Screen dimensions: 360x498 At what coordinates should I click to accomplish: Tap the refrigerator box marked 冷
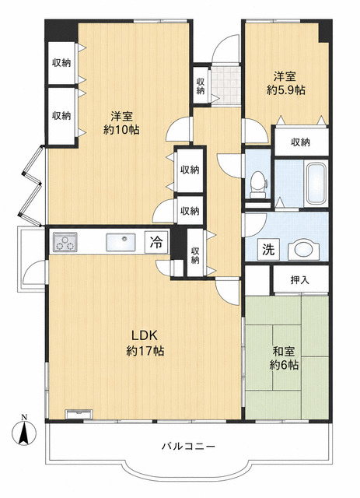(156, 242)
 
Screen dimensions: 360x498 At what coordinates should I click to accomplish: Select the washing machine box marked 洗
(268, 249)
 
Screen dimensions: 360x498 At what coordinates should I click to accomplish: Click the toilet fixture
(257, 185)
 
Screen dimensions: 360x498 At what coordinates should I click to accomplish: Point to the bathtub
(315, 184)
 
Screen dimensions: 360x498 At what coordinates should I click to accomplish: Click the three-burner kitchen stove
(65, 242)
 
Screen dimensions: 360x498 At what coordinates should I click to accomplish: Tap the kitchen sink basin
(121, 242)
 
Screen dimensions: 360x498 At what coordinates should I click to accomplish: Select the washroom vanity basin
(303, 249)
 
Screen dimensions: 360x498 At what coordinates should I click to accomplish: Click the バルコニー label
(189, 447)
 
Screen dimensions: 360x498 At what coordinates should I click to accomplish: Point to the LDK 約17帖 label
(145, 342)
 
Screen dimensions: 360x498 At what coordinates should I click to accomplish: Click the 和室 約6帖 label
(284, 358)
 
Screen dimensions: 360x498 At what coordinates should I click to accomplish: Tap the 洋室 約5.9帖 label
(285, 83)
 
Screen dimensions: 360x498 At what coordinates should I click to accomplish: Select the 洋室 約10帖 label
(121, 123)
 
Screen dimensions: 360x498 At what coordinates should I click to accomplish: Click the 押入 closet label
(300, 280)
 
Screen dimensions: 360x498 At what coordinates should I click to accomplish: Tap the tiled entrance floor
(225, 85)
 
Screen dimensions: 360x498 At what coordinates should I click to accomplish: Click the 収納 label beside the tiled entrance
(201, 86)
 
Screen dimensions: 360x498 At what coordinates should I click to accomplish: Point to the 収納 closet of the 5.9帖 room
(301, 142)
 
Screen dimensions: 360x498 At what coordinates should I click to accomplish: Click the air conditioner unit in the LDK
(79, 414)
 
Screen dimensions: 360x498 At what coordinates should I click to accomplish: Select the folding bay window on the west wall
(32, 185)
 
